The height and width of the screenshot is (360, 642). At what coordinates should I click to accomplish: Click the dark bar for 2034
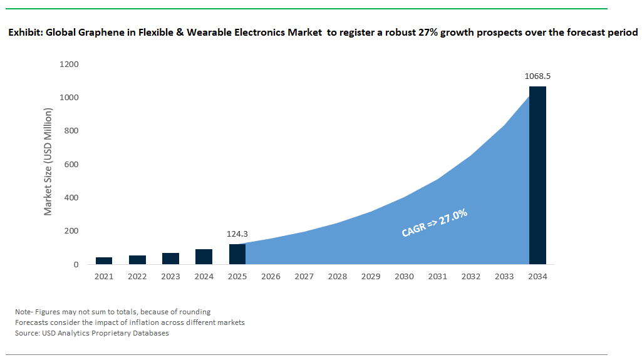coord(537,175)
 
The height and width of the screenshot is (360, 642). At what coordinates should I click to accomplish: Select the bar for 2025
coord(237,254)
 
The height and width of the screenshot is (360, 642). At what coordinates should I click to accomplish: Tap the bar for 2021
coord(104,260)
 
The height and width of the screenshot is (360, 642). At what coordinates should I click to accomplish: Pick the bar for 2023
coord(170,259)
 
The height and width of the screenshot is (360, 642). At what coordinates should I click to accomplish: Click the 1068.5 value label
coord(537,76)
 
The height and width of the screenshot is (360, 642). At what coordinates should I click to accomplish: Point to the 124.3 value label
coord(237,234)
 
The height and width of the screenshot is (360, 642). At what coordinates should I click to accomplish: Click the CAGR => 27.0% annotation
coord(435,224)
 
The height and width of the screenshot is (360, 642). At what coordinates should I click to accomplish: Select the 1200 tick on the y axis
coord(69,64)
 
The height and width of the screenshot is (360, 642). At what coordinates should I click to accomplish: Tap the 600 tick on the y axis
coord(71,165)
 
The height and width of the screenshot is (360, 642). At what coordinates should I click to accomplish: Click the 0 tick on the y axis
coord(76,264)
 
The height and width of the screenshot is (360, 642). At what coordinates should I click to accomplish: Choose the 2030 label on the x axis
coord(404,276)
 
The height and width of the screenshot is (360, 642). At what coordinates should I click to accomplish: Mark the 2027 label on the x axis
coord(304,276)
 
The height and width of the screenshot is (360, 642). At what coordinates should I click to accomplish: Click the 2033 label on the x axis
coord(504,276)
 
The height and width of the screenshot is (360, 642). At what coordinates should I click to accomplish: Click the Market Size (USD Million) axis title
coord(48,162)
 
